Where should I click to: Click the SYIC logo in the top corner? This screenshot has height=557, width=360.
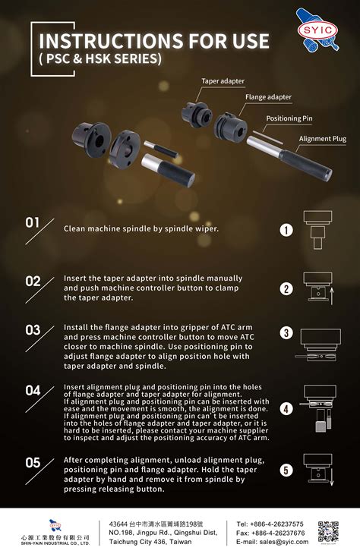[317, 30]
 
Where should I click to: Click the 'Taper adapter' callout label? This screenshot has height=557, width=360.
[223, 81]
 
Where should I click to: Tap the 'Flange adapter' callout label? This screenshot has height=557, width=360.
[268, 97]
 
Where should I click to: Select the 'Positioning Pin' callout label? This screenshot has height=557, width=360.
[289, 118]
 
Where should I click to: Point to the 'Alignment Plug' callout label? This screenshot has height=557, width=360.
[322, 139]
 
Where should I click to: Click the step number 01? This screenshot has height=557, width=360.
[33, 223]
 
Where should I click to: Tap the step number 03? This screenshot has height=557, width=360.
[33, 330]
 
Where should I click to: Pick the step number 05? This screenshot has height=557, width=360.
[33, 462]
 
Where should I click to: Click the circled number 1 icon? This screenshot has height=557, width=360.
[286, 230]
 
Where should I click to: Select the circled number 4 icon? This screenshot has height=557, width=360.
[286, 409]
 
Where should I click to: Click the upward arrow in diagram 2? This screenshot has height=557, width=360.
[332, 296]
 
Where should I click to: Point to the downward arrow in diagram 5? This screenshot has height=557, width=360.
[332, 477]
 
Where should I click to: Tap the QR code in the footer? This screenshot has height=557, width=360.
[328, 532]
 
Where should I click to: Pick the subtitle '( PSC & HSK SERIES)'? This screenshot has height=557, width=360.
[100, 58]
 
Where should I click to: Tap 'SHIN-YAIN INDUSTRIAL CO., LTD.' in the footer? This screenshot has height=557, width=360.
[55, 543]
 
